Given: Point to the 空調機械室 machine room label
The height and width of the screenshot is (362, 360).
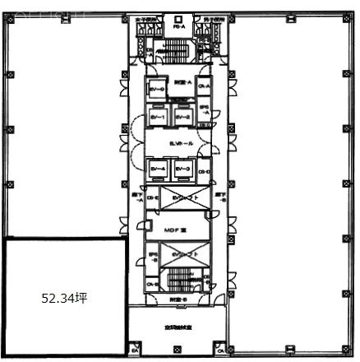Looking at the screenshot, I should point(177,327).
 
